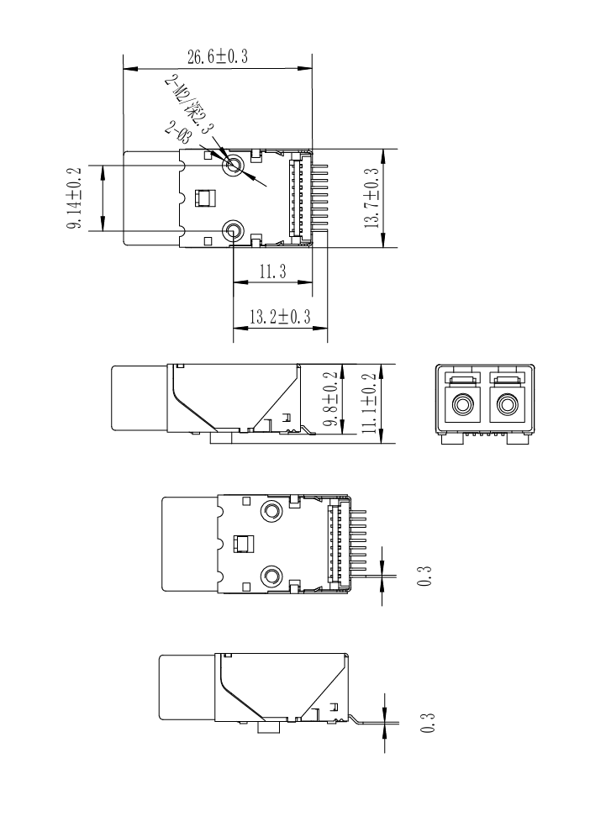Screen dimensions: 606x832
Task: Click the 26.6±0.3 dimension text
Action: click(217, 56)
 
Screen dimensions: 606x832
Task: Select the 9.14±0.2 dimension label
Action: click(74, 198)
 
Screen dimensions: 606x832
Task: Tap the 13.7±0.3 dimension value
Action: click(372, 198)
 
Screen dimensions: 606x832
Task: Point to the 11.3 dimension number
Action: click(272, 271)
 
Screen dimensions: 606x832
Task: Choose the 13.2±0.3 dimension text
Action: click(280, 318)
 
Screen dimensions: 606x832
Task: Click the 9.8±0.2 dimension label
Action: click(330, 399)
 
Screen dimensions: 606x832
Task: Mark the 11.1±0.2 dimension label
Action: click(369, 403)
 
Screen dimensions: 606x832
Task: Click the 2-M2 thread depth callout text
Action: click(189, 105)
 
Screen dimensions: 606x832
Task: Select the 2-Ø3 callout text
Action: click(178, 132)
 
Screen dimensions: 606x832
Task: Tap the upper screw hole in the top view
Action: click(233, 166)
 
